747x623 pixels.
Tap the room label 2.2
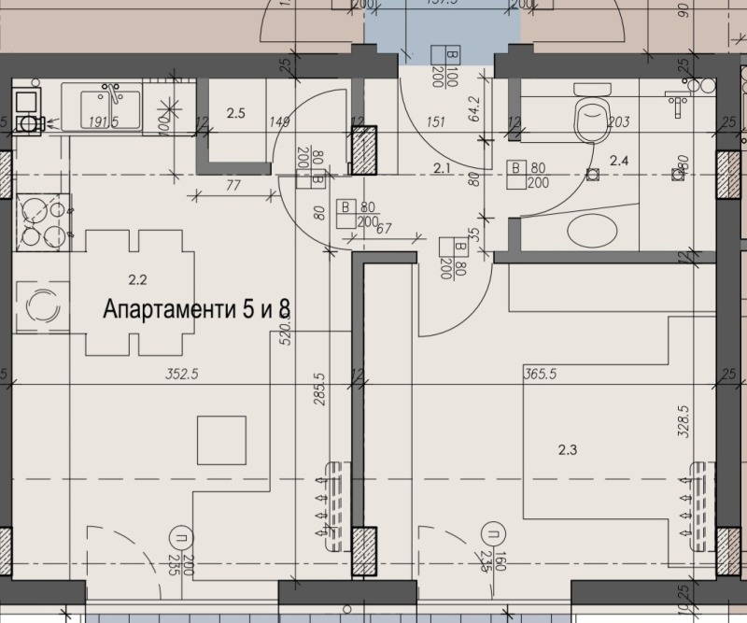[138, 278]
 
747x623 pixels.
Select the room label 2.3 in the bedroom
[567, 449]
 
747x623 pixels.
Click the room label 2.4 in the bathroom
[619, 161]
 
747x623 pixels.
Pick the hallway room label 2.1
[443, 168]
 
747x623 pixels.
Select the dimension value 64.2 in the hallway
[474, 110]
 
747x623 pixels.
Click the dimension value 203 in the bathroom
[617, 121]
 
